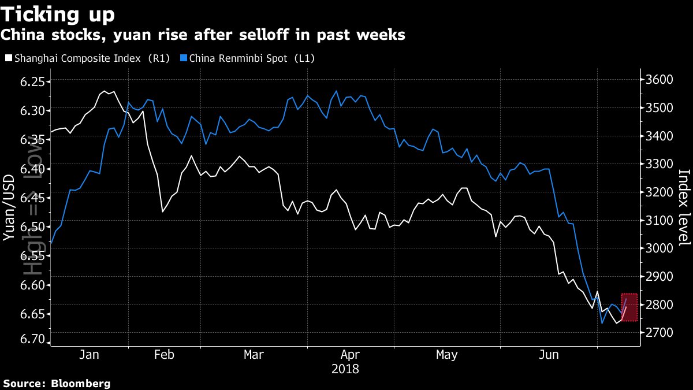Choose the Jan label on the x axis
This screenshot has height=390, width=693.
point(89,354)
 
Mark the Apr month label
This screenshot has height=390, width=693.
point(351,354)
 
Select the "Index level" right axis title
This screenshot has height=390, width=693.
point(684,208)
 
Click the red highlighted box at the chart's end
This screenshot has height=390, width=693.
point(629,307)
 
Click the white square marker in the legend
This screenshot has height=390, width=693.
point(8,58)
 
